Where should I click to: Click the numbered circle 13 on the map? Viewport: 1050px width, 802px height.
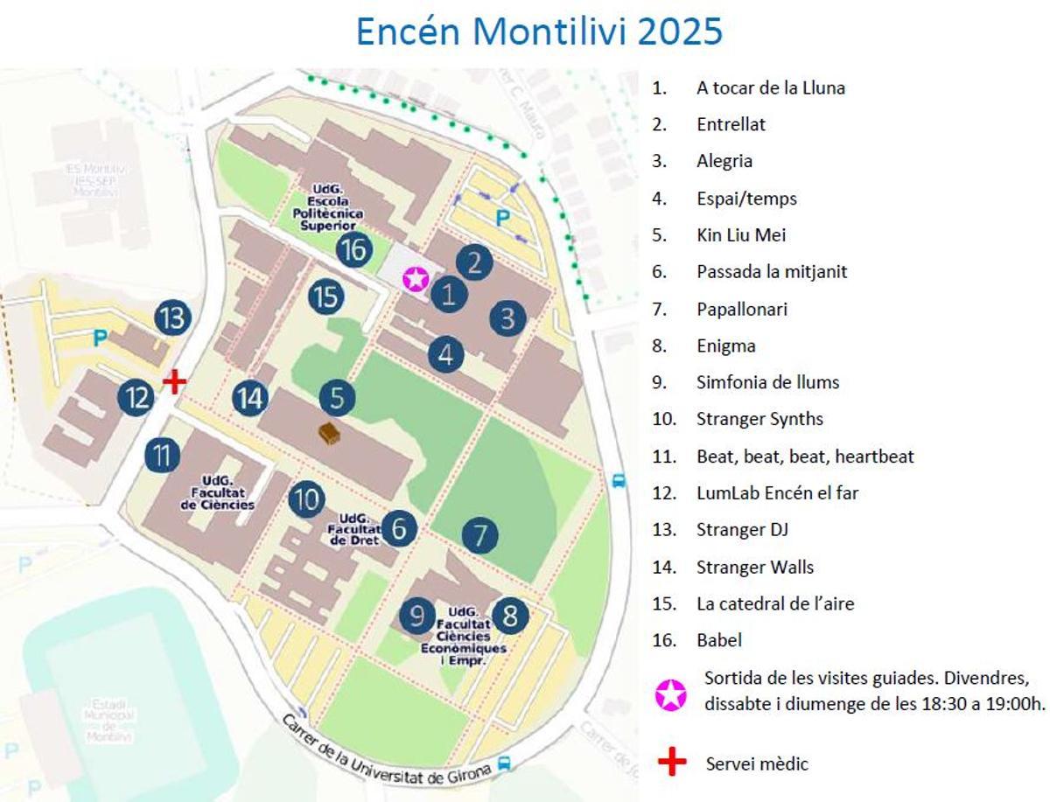tap(173, 317)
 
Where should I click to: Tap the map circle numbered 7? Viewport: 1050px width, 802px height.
tap(480, 535)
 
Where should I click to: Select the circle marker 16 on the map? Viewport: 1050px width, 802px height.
tap(354, 250)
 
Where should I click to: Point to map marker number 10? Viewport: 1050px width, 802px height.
tap(306, 499)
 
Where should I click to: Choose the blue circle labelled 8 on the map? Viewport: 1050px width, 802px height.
tap(510, 617)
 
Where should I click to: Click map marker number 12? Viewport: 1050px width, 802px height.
tap(136, 398)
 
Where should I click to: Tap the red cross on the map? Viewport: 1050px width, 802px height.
tap(175, 381)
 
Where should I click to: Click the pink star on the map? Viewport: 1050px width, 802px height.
tap(416, 280)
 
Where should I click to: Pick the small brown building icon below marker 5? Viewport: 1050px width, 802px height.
tap(330, 433)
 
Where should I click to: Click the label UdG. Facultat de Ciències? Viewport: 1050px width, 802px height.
tap(217, 492)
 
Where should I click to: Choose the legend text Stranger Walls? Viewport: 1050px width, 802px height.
tap(754, 567)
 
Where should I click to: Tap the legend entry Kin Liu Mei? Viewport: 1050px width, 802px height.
tap(741, 235)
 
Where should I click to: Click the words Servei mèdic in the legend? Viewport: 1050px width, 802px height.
tap(757, 764)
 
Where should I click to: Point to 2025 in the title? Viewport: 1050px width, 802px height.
tap(680, 31)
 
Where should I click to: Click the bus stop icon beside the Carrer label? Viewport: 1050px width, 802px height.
tap(504, 764)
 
